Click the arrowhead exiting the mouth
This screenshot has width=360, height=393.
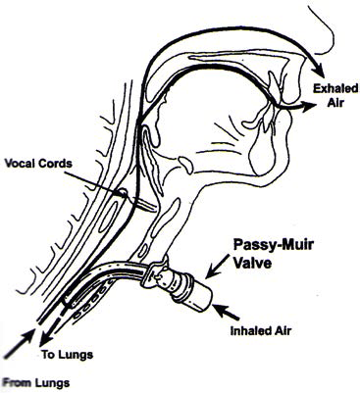311,111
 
